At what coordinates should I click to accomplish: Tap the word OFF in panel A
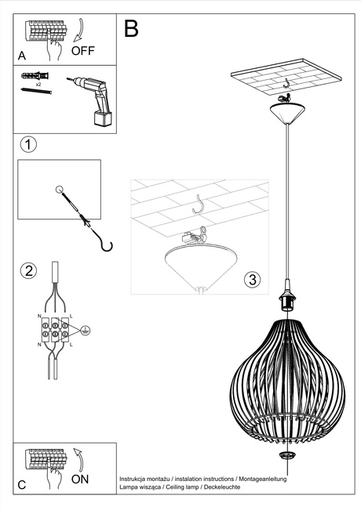[x=84, y=51]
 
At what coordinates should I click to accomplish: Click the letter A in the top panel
[x=22, y=56]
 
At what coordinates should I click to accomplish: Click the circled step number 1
[x=28, y=145]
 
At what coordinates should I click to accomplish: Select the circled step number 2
[x=28, y=271]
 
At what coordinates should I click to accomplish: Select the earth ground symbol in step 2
[x=86, y=331]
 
